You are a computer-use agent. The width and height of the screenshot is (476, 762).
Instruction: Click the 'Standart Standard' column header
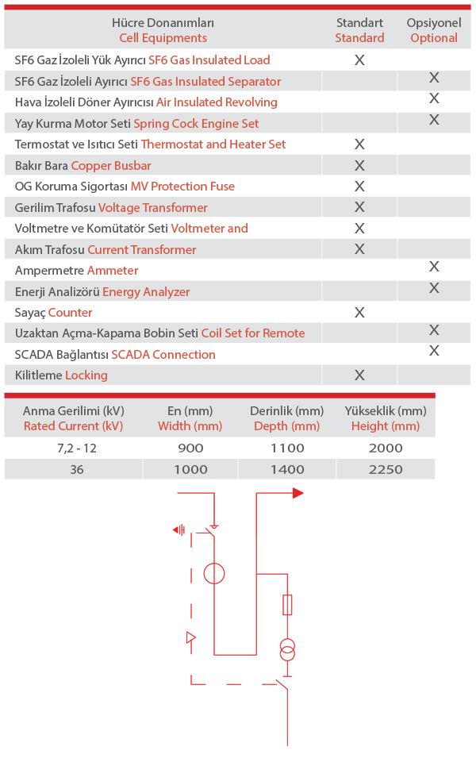tap(359, 30)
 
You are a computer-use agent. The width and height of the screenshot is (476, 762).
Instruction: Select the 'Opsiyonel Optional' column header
tap(433, 30)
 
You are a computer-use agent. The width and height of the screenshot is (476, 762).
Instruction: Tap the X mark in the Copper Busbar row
tap(359, 165)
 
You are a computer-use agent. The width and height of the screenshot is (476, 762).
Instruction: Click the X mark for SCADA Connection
tap(434, 350)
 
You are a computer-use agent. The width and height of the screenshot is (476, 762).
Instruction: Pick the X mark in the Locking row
tap(359, 375)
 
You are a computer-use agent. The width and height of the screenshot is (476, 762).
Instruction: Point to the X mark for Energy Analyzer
tap(434, 287)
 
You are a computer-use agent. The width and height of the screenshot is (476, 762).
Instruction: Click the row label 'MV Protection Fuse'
tap(182, 187)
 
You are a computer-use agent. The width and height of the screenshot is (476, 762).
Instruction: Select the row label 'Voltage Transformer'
tap(152, 207)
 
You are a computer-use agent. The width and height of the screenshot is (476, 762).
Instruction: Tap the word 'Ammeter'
tap(113, 271)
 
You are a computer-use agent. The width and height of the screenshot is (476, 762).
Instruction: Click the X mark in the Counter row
tap(359, 313)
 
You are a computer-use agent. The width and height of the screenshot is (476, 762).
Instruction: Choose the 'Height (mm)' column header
tap(386, 425)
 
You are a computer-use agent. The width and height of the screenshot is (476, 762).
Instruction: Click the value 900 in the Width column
tap(190, 448)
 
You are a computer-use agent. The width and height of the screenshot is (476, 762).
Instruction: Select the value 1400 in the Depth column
tap(287, 469)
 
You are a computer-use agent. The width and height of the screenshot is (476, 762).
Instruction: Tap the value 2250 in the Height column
tap(386, 469)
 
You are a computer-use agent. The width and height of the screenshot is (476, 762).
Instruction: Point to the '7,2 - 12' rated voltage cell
tap(73, 448)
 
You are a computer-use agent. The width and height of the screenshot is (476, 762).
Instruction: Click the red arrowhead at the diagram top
tap(297, 493)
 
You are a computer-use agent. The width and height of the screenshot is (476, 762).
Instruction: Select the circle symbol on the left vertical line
tap(214, 574)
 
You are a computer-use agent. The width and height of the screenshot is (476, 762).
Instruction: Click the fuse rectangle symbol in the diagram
tap(287, 605)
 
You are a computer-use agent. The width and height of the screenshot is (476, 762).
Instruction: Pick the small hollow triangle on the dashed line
tap(190, 637)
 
